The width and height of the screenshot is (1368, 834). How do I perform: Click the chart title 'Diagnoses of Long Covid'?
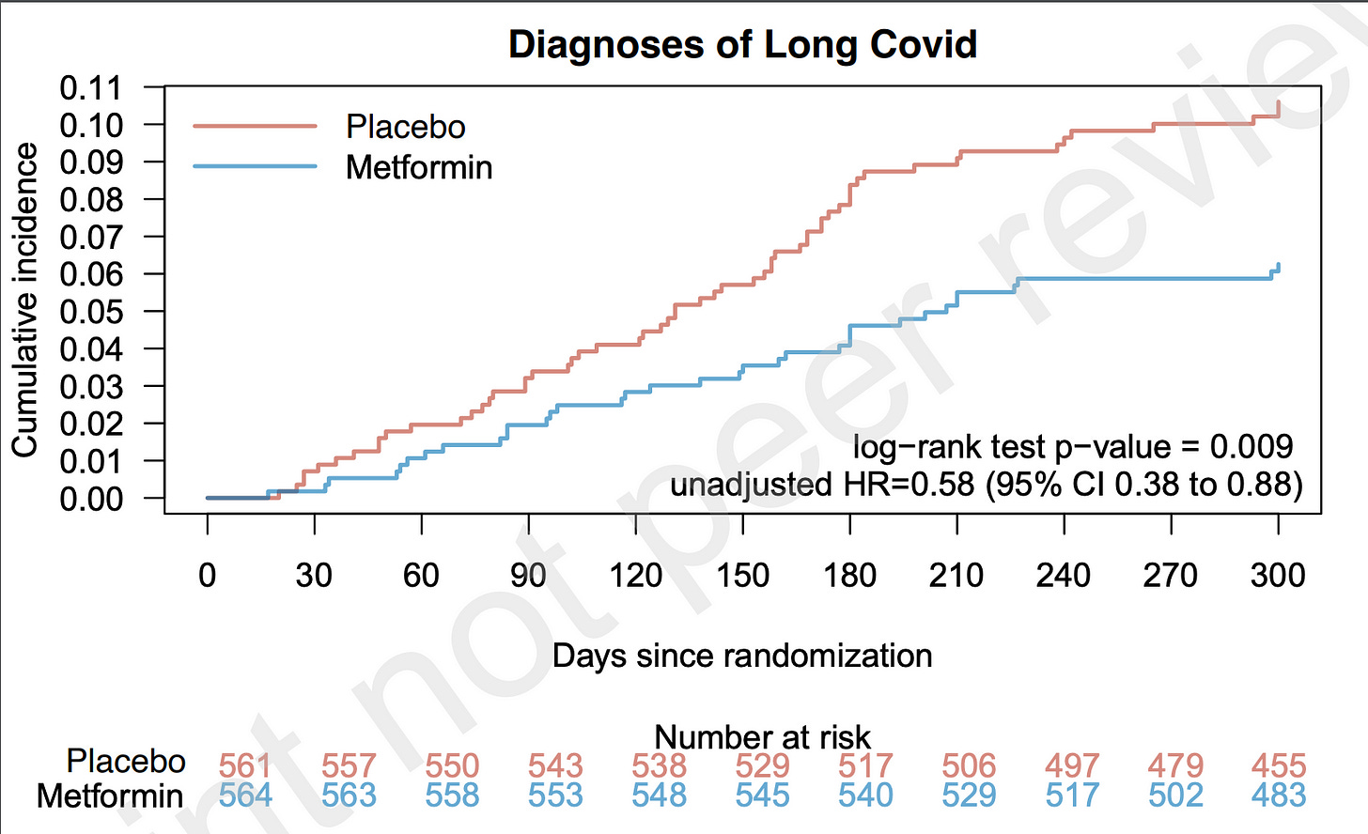pyautogui.click(x=742, y=45)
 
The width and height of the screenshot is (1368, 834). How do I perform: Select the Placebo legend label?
pyautogui.click(x=405, y=127)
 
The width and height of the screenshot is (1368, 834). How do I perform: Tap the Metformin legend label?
pyautogui.click(x=419, y=167)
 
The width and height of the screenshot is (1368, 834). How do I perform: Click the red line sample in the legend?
pyautogui.click(x=255, y=126)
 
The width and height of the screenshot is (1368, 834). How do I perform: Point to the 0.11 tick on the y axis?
pyautogui.click(x=91, y=87)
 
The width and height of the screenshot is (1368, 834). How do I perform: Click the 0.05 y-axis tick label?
pyautogui.click(x=91, y=312)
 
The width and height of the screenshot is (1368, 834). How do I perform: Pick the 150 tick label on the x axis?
pyautogui.click(x=742, y=575)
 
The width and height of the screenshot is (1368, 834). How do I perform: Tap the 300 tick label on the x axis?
pyautogui.click(x=1278, y=575)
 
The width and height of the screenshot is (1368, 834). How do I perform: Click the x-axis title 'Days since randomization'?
pyautogui.click(x=742, y=656)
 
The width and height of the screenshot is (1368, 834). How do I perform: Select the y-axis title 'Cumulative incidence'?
pyautogui.click(x=24, y=301)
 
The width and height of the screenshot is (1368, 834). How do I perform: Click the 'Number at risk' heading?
pyautogui.click(x=762, y=737)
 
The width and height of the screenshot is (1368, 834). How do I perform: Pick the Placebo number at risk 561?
pyautogui.click(x=245, y=766)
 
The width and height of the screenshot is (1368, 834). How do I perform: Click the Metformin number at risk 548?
pyautogui.click(x=659, y=796)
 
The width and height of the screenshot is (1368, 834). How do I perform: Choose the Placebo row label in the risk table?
pyautogui.click(x=126, y=761)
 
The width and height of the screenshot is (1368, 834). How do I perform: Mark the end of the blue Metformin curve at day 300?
pyautogui.click(x=1278, y=267)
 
